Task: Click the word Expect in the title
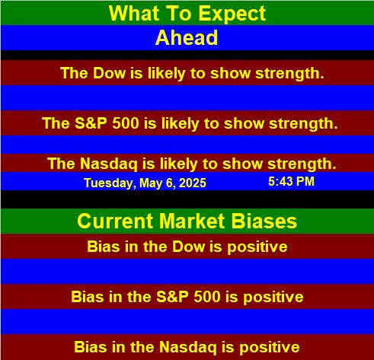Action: click(232, 14)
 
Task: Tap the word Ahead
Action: click(187, 37)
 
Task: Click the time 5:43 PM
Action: click(291, 182)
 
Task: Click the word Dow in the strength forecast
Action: click(110, 73)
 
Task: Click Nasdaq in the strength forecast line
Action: click(109, 164)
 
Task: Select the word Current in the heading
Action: click(116, 221)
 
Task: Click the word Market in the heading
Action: click(192, 221)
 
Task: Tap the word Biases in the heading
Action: click(264, 221)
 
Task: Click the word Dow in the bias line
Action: click(189, 247)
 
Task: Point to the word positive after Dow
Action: click(257, 247)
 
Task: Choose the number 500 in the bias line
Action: click(207, 297)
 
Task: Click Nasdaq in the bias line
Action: click(188, 347)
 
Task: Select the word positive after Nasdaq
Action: click(270, 348)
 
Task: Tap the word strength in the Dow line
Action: click(289, 74)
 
